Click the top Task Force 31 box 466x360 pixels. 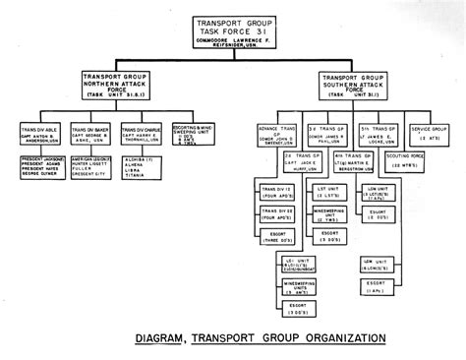233,32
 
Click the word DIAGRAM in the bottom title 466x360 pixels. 168,340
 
